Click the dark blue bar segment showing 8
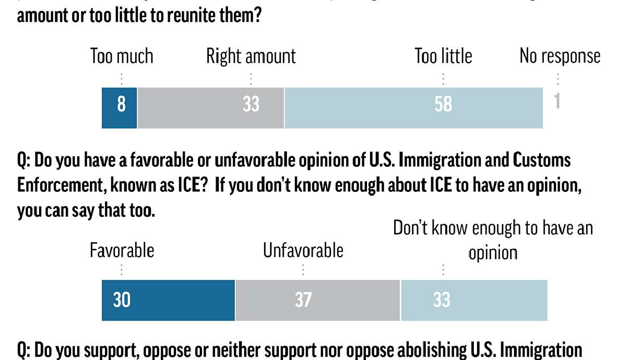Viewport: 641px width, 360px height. click(x=120, y=107)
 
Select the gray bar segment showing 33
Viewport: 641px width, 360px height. click(x=211, y=107)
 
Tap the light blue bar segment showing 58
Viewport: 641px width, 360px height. click(x=413, y=107)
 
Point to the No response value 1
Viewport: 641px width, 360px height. click(x=557, y=102)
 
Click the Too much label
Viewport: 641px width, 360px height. click(x=122, y=56)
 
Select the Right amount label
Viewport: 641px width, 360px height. click(x=251, y=56)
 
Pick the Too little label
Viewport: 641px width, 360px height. click(x=443, y=56)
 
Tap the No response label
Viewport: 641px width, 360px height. click(x=560, y=56)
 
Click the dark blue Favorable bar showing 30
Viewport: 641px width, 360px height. click(x=168, y=300)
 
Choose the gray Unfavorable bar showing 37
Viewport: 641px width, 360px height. click(x=317, y=300)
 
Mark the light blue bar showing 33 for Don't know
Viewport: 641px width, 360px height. click(x=474, y=300)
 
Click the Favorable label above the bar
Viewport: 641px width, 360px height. click(x=122, y=250)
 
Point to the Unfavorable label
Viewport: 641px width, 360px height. click(x=303, y=250)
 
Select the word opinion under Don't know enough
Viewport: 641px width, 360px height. click(x=492, y=253)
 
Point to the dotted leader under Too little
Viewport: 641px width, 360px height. click(x=443, y=79)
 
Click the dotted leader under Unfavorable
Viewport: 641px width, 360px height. click(x=303, y=270)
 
